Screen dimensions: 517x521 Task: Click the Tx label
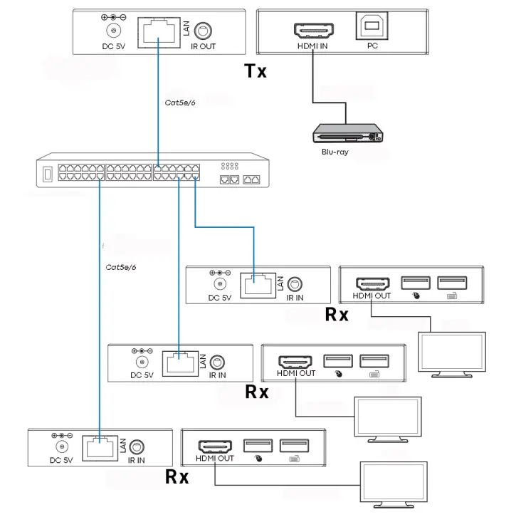(255, 71)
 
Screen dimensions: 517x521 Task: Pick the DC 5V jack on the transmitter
(112, 31)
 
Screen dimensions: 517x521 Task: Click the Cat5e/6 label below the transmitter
(179, 103)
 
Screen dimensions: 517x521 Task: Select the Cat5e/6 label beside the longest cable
(120, 267)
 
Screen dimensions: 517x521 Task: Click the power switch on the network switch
(48, 174)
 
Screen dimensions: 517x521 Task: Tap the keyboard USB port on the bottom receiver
(294, 446)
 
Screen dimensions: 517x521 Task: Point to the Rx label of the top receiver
(336, 314)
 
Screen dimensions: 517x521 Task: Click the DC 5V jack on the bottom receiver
(62, 446)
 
